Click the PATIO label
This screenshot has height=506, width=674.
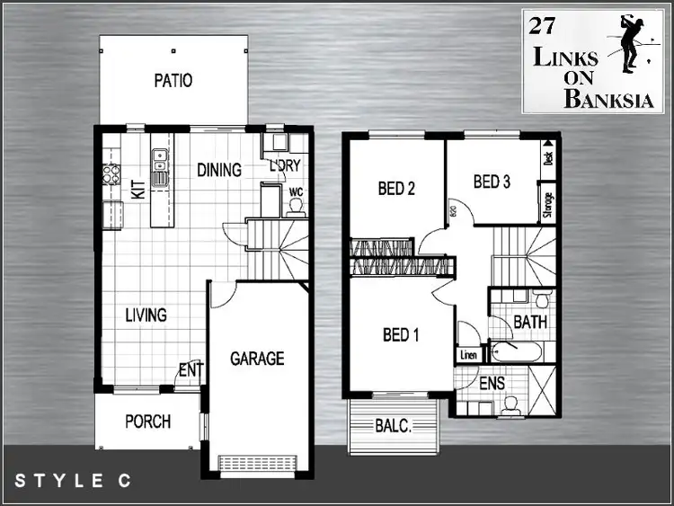(x=173, y=81)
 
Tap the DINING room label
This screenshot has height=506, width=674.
(x=219, y=170)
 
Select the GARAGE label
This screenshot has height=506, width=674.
(x=257, y=359)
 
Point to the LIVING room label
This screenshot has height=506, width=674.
(x=146, y=315)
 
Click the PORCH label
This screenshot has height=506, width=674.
(x=147, y=421)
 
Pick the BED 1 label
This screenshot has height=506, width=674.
(x=401, y=335)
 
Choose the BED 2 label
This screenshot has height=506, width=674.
(x=395, y=189)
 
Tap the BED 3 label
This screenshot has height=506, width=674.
(x=492, y=182)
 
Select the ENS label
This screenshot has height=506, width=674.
(x=492, y=383)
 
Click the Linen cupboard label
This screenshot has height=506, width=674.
(x=468, y=356)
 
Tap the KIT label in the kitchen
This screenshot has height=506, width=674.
(x=138, y=190)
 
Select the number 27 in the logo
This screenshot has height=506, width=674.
(x=542, y=25)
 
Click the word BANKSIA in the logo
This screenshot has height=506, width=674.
(x=602, y=98)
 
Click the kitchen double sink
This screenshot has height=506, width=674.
(x=160, y=166)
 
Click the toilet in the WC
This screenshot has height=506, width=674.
(x=294, y=206)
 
